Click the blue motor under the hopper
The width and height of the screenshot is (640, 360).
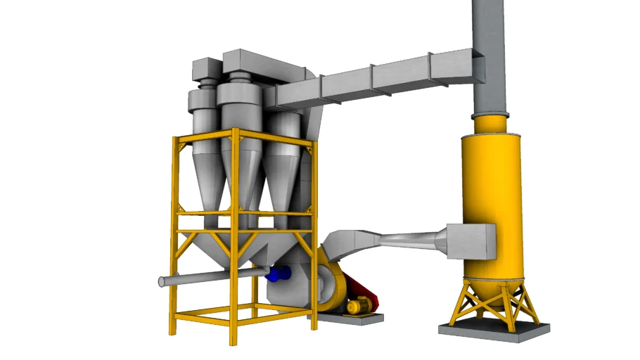click(x=279, y=274)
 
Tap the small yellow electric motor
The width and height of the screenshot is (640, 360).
click(x=358, y=305)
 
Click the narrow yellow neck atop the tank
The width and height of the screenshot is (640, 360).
click(x=489, y=124)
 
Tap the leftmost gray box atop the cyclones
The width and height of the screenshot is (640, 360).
click(x=207, y=69)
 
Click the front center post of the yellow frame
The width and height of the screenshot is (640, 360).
click(x=235, y=239)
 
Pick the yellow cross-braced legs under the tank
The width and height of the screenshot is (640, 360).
click(x=490, y=299)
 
